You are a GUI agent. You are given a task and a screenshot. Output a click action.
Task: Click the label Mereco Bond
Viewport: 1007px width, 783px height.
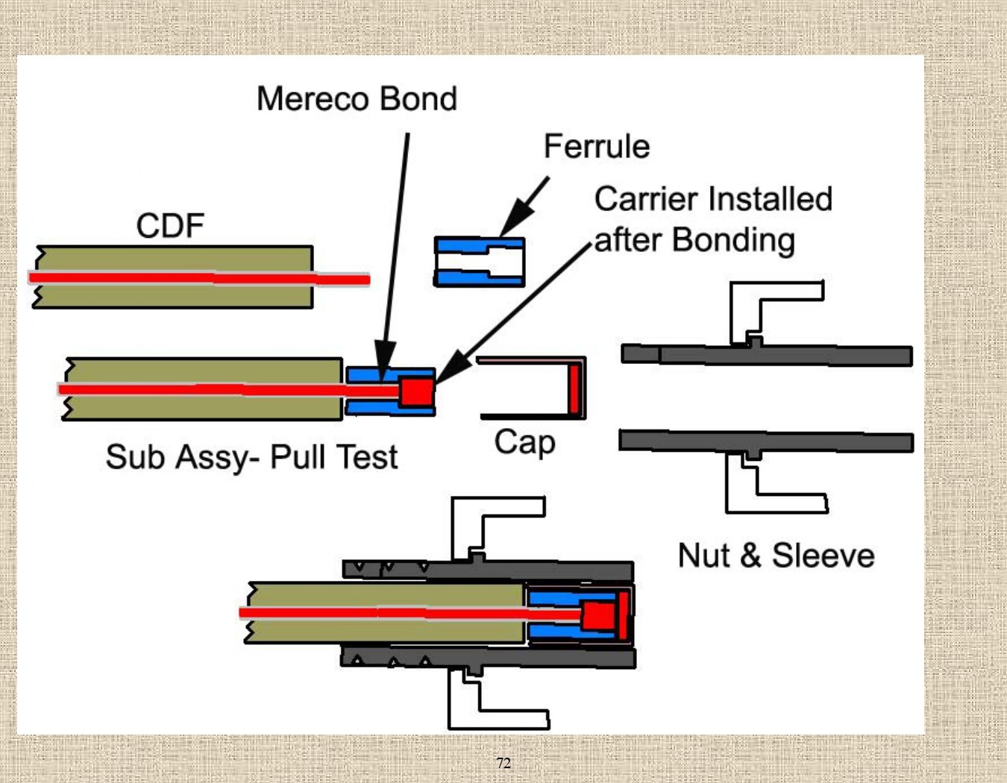tap(357, 99)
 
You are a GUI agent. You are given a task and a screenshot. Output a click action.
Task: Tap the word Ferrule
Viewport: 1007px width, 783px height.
tap(596, 146)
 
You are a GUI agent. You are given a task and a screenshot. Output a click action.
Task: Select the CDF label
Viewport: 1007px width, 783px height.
tap(170, 225)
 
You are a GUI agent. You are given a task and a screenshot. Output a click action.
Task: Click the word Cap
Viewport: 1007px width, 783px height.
tap(524, 442)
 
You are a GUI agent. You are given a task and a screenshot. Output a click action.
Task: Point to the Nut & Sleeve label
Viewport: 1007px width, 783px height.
tap(776, 556)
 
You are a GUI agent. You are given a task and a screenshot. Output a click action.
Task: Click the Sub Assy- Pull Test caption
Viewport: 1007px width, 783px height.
tap(251, 457)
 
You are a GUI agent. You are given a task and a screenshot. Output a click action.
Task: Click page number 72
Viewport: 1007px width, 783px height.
tap(503, 763)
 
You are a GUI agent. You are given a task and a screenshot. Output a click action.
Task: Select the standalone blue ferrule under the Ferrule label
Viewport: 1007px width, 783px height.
tap(480, 262)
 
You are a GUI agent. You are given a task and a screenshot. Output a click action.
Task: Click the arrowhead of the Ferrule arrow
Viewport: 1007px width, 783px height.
tap(515, 223)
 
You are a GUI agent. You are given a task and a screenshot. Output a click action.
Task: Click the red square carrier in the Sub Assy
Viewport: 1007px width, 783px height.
tap(416, 391)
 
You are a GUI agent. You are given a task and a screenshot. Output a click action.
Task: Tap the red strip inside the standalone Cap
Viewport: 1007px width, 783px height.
tap(574, 388)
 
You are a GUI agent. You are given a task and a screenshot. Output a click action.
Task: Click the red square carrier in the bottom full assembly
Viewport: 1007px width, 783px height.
tap(598, 616)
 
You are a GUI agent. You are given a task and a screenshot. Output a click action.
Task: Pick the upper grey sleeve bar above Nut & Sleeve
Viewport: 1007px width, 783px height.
tap(768, 355)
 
